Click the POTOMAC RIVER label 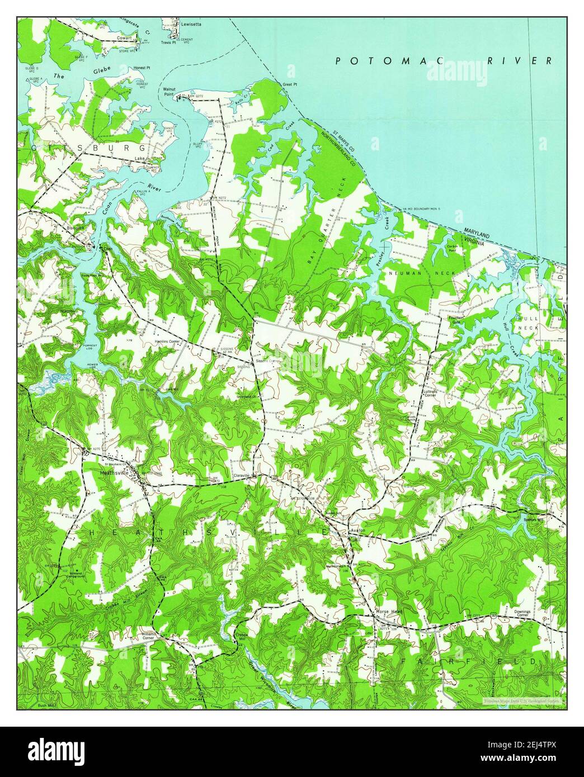tap(444, 60)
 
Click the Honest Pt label tap(142, 68)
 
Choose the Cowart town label tap(124, 38)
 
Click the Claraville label tap(244, 477)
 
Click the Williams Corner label tap(148, 636)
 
